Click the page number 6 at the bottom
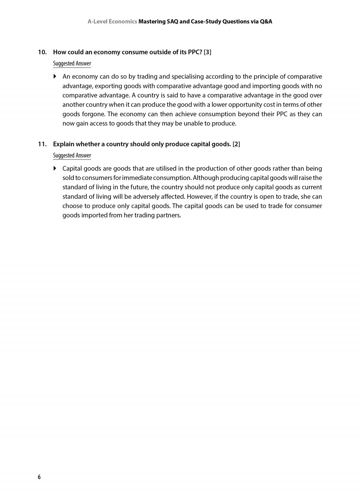click(x=39, y=477)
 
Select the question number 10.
click(x=42, y=52)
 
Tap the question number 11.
click(x=42, y=144)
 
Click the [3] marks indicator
click(x=208, y=52)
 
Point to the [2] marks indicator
click(x=236, y=144)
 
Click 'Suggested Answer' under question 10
click(x=72, y=64)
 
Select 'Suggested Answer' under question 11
click(x=72, y=156)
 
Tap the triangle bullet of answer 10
click(x=55, y=77)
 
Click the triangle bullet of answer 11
click(x=55, y=169)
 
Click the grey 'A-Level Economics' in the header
click(x=112, y=22)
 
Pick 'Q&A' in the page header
click(x=264, y=22)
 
